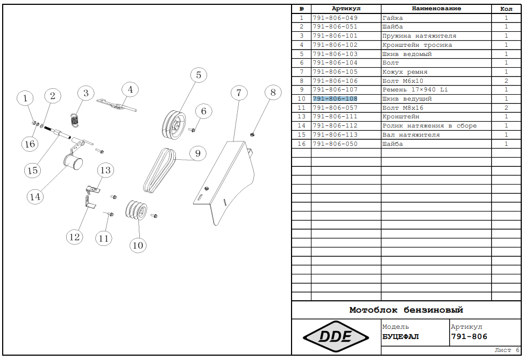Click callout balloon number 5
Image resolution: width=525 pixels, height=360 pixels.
pos(198,75)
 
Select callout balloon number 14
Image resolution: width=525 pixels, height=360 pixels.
pos(35,196)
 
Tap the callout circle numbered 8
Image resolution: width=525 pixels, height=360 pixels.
pos(273,93)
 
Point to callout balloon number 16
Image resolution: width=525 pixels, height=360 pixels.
pos(30,144)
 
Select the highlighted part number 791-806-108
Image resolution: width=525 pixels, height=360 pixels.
pos(335,99)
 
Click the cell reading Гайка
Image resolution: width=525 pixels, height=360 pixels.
pos(393,18)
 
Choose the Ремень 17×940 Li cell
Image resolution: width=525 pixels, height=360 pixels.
pos(415,90)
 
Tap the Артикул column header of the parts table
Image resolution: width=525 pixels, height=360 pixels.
pos(346,9)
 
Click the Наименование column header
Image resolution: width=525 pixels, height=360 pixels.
pos(436,9)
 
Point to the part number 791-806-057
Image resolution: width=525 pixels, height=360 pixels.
pos(335,108)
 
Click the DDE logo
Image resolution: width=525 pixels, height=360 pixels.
pos(336,337)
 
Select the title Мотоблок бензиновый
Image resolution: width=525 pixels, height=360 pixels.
pos(406,310)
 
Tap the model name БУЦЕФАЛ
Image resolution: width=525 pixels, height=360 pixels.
pos(400,337)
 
